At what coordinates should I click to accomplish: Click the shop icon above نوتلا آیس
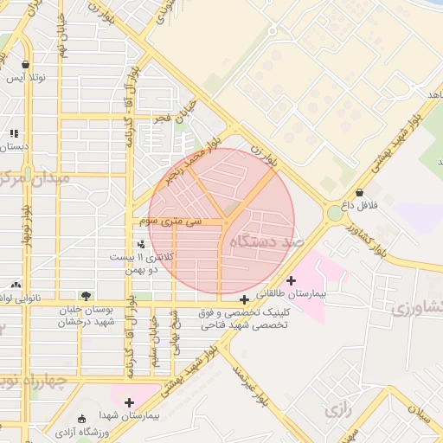(x=26, y=65)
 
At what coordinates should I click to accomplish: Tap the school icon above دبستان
(x=14, y=133)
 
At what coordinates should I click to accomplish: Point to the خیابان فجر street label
(x=176, y=117)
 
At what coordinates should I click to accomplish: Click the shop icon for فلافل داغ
(x=359, y=192)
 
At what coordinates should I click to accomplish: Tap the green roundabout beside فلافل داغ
(x=335, y=213)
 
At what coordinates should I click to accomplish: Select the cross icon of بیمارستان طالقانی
(x=291, y=279)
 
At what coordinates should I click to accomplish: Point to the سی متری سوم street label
(x=170, y=221)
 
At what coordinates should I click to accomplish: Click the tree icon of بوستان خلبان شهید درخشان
(x=84, y=296)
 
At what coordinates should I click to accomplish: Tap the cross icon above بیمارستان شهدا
(x=129, y=402)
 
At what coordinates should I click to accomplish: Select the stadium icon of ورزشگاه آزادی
(x=82, y=418)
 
